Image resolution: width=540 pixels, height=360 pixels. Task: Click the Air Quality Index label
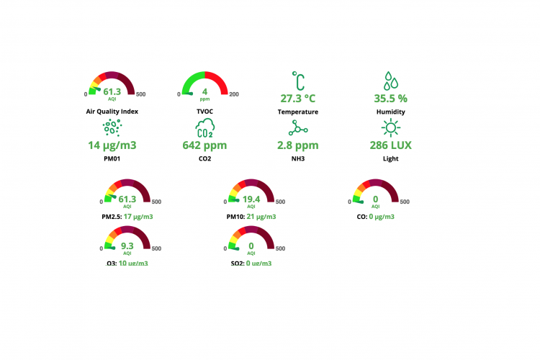(112, 112)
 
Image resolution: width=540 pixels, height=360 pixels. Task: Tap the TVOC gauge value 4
(204, 91)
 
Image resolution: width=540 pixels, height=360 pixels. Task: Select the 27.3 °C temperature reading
(297, 98)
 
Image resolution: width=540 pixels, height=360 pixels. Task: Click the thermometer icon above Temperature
(297, 80)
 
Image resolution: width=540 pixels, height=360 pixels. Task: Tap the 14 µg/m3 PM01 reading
(112, 145)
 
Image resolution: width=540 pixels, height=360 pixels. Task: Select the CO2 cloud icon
(204, 128)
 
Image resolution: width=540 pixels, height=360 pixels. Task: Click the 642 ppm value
(204, 145)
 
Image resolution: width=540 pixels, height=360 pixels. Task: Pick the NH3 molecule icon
(297, 128)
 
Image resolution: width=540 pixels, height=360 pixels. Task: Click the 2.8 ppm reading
(297, 145)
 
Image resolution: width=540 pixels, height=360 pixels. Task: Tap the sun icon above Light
(390, 128)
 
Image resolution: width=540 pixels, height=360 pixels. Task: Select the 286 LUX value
(390, 145)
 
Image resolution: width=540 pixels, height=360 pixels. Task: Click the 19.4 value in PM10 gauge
(251, 199)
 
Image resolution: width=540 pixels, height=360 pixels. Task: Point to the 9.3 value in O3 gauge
(127, 246)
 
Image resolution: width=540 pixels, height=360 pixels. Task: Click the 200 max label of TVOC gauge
(233, 94)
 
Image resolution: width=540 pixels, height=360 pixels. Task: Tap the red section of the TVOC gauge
(220, 80)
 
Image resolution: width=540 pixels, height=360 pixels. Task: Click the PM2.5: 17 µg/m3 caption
(127, 216)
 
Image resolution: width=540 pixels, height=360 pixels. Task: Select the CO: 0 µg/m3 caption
(376, 216)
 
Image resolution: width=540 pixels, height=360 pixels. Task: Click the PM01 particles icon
(112, 128)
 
